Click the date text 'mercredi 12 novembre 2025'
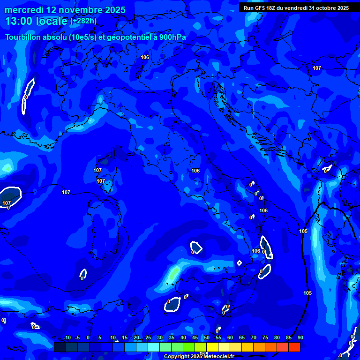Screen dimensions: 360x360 pos(65,10)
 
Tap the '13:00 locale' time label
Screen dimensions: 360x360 pos(37,22)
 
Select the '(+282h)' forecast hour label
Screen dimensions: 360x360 pos(83,21)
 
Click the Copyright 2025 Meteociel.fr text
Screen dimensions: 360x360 pos(199,357)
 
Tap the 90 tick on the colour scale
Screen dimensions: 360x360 pos(300,338)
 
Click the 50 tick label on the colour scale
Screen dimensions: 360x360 pos(207,338)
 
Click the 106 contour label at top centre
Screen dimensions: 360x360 pos(145,57)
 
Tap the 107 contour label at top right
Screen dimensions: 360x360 pos(317,68)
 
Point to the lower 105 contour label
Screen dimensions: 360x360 pos(307,293)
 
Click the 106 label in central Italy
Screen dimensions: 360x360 pos(195,171)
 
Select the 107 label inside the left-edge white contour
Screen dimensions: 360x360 pos(7,203)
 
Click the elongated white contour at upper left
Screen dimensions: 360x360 pos(28,96)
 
